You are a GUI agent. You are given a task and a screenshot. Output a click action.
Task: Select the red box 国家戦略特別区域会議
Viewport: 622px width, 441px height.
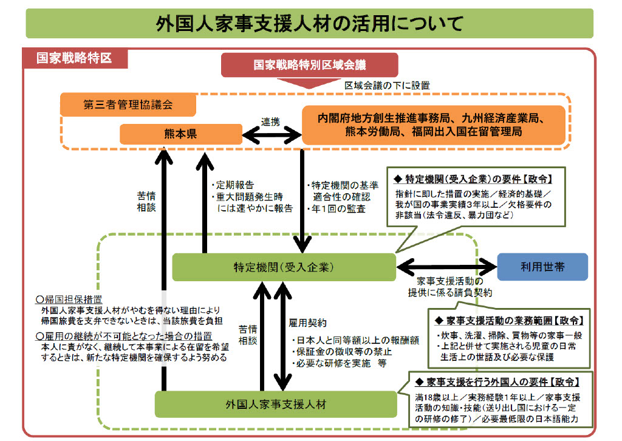click(x=309, y=64)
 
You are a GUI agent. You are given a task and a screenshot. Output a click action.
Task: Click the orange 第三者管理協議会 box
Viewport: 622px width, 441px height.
click(x=128, y=104)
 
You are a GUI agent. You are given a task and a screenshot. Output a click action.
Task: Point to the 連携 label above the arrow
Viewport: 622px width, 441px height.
click(x=270, y=121)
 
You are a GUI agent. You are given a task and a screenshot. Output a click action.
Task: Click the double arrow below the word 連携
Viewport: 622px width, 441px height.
click(x=271, y=134)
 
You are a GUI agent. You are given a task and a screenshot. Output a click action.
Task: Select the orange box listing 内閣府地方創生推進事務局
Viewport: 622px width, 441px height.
click(x=433, y=125)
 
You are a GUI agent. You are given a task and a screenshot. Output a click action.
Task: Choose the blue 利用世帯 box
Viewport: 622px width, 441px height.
click(x=542, y=267)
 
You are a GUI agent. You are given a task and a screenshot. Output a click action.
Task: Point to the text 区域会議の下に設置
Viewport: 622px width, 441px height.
click(x=382, y=85)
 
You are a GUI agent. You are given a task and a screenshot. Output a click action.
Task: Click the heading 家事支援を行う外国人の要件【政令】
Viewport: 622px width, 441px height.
click(x=497, y=382)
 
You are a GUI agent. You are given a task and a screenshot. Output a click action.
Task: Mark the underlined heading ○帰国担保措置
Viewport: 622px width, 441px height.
click(x=69, y=300)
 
